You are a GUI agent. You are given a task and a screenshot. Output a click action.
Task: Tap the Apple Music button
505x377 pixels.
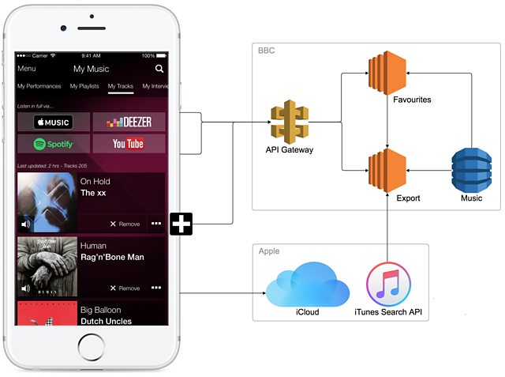[52, 123]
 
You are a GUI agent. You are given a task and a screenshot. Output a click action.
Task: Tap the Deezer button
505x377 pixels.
[129, 122]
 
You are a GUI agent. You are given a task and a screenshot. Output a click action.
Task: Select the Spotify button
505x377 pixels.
[52, 144]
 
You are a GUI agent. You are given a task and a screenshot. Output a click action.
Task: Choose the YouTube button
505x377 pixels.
[129, 144]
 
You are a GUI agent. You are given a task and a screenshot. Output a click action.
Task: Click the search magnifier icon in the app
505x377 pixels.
[160, 69]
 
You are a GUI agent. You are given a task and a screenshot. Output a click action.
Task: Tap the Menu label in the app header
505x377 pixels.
[27, 69]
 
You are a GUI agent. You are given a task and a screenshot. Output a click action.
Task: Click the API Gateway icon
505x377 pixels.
[290, 121]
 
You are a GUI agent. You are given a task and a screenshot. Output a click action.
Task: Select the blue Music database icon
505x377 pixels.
[471, 169]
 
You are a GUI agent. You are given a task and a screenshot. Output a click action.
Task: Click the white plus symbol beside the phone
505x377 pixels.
[182, 224]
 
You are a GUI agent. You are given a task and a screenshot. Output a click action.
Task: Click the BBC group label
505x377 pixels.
[267, 51]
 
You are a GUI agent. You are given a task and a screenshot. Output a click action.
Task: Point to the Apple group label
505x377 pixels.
[269, 251]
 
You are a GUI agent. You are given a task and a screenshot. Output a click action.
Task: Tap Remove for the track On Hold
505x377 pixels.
[125, 224]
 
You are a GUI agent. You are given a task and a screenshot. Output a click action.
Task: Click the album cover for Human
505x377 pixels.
[46, 266]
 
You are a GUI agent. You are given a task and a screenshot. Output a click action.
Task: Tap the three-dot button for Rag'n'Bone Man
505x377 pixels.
[156, 288]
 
